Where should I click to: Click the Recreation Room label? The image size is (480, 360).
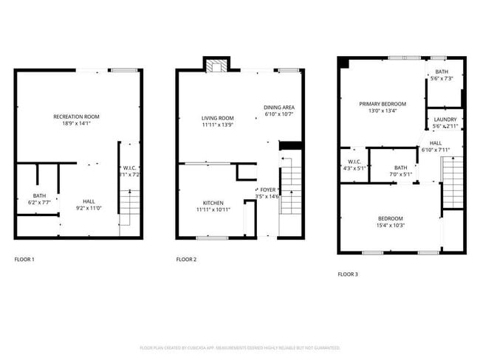(76, 117)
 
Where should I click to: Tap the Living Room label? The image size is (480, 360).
(218, 118)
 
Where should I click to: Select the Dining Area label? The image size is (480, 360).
(278, 108)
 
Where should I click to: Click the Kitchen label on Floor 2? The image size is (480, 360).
(213, 203)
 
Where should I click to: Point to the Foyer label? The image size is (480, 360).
(267, 190)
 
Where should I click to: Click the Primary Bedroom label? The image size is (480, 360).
(383, 104)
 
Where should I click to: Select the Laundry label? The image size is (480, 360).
(445, 120)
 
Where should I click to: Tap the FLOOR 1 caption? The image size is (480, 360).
(24, 260)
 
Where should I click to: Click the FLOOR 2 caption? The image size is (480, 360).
(186, 260)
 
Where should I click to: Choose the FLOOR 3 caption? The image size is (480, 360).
(348, 274)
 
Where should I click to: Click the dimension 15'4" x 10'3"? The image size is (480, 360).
(391, 226)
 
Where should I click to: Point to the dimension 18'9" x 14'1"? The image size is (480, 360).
(76, 124)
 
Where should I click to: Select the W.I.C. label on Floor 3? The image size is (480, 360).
(354, 162)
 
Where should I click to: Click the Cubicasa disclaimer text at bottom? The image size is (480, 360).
(239, 347)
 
